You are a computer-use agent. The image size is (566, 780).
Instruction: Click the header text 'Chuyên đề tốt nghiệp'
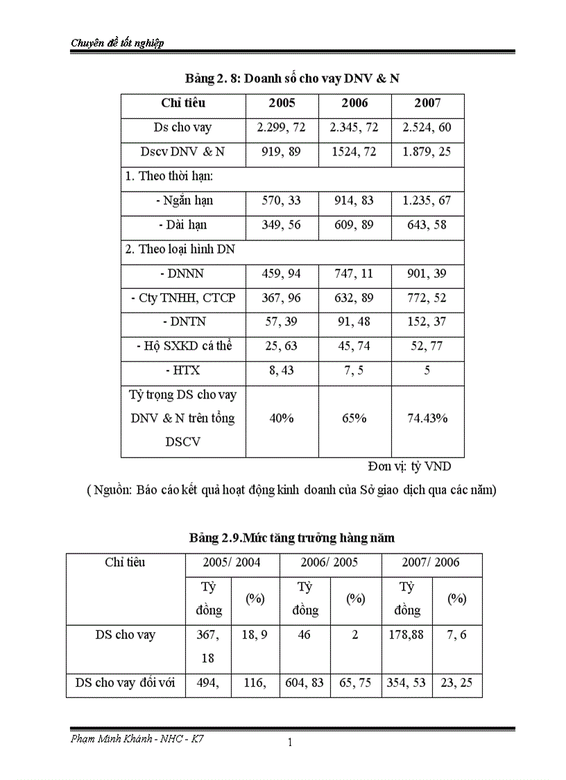117,43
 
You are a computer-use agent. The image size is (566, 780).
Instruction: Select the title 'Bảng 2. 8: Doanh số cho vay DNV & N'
292,78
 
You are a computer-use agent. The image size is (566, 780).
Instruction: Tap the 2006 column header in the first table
354,103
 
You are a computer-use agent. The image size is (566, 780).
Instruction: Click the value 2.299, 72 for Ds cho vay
282,128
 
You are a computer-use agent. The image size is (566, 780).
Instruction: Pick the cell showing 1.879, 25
427,152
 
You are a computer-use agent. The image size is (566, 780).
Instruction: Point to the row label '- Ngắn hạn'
184,201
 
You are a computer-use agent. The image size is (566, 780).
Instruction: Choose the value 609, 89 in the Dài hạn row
354,225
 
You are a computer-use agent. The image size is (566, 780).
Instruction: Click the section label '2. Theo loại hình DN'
180,249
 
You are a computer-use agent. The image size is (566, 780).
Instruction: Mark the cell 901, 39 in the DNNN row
427,274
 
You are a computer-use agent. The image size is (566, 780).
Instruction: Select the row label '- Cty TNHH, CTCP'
183,298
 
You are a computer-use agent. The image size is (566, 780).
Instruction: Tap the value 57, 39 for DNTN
282,322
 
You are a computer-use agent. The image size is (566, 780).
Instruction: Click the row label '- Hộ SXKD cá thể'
184,347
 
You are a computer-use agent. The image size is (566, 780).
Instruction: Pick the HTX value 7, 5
354,371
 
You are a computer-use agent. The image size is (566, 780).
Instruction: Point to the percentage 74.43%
427,418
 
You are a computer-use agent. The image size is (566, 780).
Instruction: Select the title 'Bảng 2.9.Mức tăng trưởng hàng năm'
292,538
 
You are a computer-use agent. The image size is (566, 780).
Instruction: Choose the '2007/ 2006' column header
431,562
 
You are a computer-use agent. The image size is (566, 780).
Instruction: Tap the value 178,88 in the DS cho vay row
406,635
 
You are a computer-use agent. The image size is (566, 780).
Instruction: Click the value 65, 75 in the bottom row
355,683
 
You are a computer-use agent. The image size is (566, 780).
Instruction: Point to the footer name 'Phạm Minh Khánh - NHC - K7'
137,738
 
